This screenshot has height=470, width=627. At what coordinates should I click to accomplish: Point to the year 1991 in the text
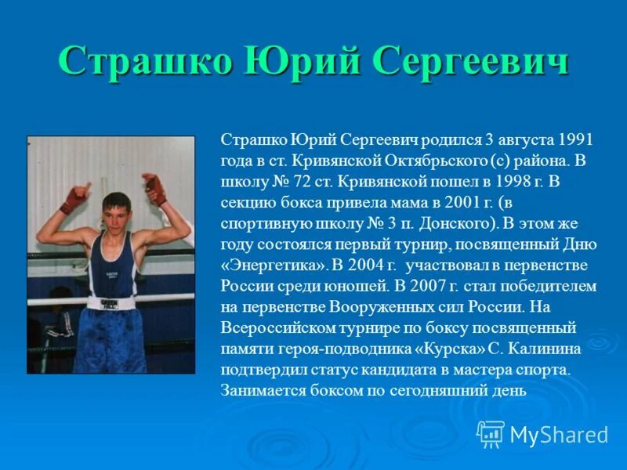pyautogui.click(x=577, y=140)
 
